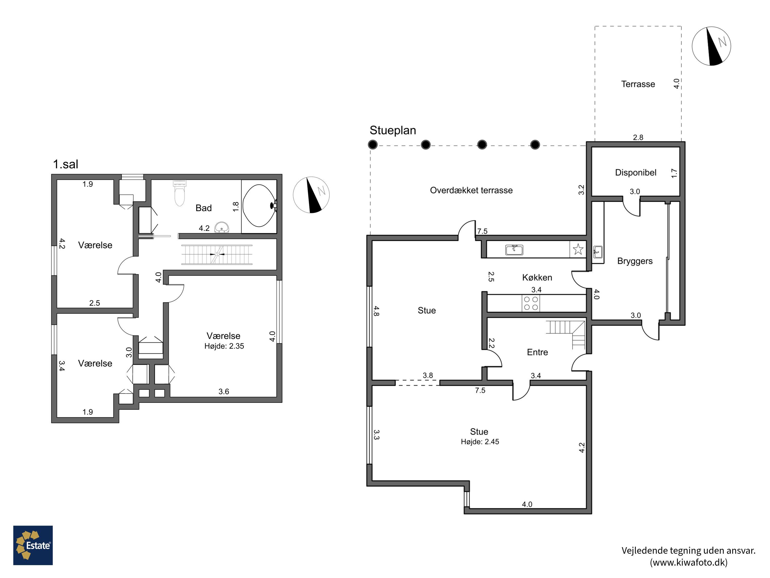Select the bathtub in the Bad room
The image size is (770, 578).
(259, 206)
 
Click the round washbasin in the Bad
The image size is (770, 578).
(222, 228)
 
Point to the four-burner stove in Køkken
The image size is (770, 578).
(531, 303)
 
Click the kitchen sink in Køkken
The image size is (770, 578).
(514, 249)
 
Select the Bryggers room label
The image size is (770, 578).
(635, 261)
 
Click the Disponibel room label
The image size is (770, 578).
(636, 172)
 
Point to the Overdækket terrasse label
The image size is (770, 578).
(471, 190)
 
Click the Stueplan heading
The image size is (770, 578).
(393, 130)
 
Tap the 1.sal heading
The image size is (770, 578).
(65, 164)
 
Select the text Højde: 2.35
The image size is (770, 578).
(224, 346)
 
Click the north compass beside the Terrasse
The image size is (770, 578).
(711, 46)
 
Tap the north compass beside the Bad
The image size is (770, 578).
(311, 195)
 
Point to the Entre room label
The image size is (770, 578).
(537, 352)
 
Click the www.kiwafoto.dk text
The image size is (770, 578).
(689, 562)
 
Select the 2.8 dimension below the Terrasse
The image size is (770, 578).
(638, 137)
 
